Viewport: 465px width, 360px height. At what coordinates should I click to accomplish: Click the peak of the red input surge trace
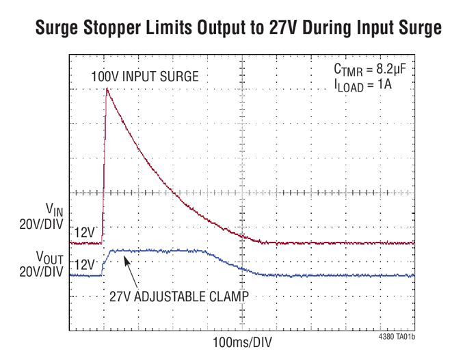(107, 89)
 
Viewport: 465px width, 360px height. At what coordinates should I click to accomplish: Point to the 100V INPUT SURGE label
(144, 77)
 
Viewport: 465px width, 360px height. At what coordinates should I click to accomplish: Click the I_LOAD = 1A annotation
(362, 86)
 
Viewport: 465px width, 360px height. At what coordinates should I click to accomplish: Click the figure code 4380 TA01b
(396, 337)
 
